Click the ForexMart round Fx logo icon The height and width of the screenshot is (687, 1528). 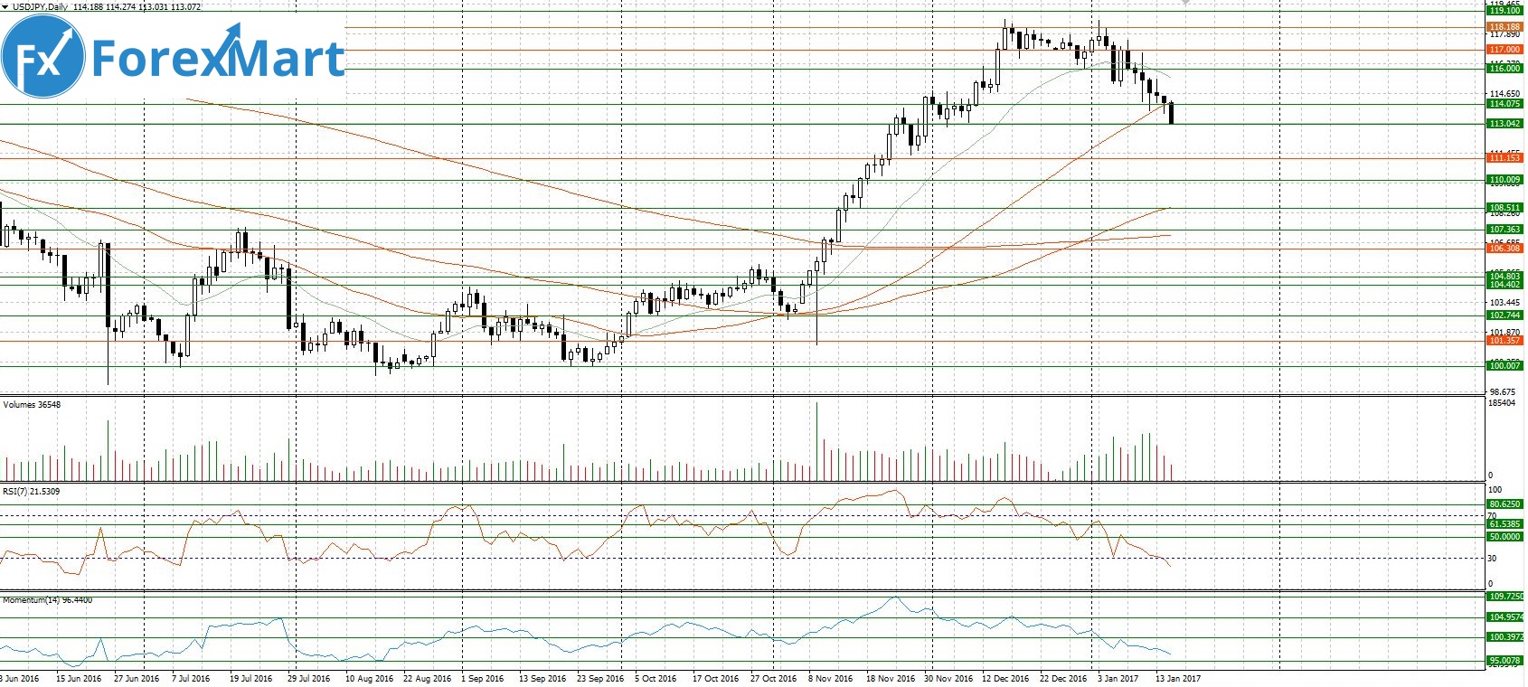[x=42, y=57]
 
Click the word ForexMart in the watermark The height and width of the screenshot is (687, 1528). [x=218, y=58]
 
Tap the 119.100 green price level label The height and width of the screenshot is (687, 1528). [x=1504, y=11]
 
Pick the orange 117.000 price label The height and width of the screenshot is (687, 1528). [x=1504, y=50]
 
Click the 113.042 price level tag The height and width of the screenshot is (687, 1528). [x=1504, y=124]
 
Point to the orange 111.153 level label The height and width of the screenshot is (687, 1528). [x=1504, y=158]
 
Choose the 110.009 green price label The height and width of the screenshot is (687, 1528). [x=1504, y=180]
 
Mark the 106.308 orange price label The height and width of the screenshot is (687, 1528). [x=1504, y=249]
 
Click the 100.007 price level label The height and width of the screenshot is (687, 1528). [x=1504, y=366]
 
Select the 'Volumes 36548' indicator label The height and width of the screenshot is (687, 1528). [x=33, y=405]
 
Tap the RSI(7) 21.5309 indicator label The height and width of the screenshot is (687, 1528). [x=32, y=492]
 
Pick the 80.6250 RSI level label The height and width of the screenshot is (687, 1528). [x=1504, y=504]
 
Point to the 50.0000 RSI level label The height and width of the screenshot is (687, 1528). [x=1504, y=537]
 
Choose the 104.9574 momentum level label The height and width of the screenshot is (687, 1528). [x=1504, y=617]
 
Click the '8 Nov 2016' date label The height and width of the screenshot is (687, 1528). [x=830, y=679]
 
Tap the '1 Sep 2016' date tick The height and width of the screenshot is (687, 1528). [x=482, y=679]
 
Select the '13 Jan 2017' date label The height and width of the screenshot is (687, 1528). [x=1177, y=679]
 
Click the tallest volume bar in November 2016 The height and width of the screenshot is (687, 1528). [x=816, y=441]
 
